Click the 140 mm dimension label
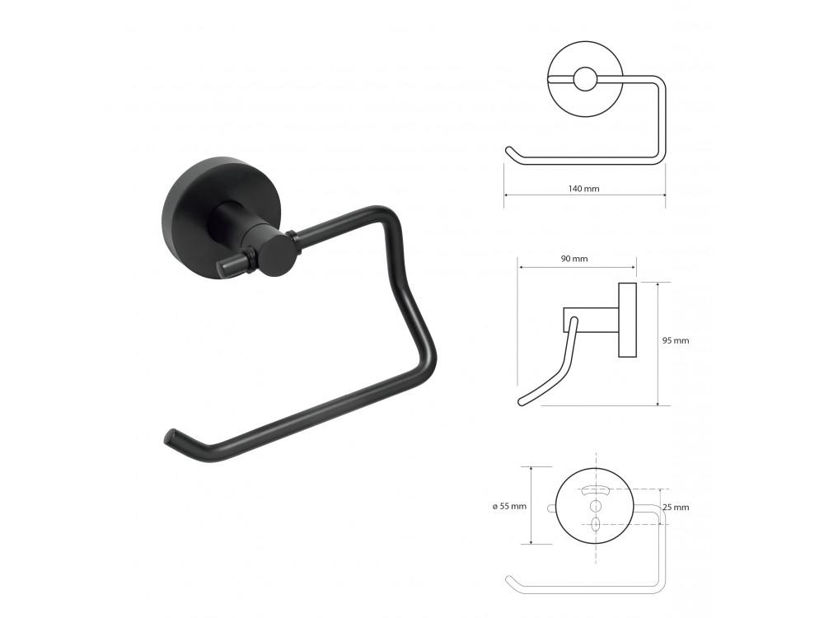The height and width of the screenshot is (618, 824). click(583, 188)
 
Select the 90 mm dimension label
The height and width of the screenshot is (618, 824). click(574, 259)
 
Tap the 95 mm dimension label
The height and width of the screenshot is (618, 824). click(676, 340)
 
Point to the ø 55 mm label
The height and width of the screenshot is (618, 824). click(509, 507)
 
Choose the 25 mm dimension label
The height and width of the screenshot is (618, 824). click(676, 507)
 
